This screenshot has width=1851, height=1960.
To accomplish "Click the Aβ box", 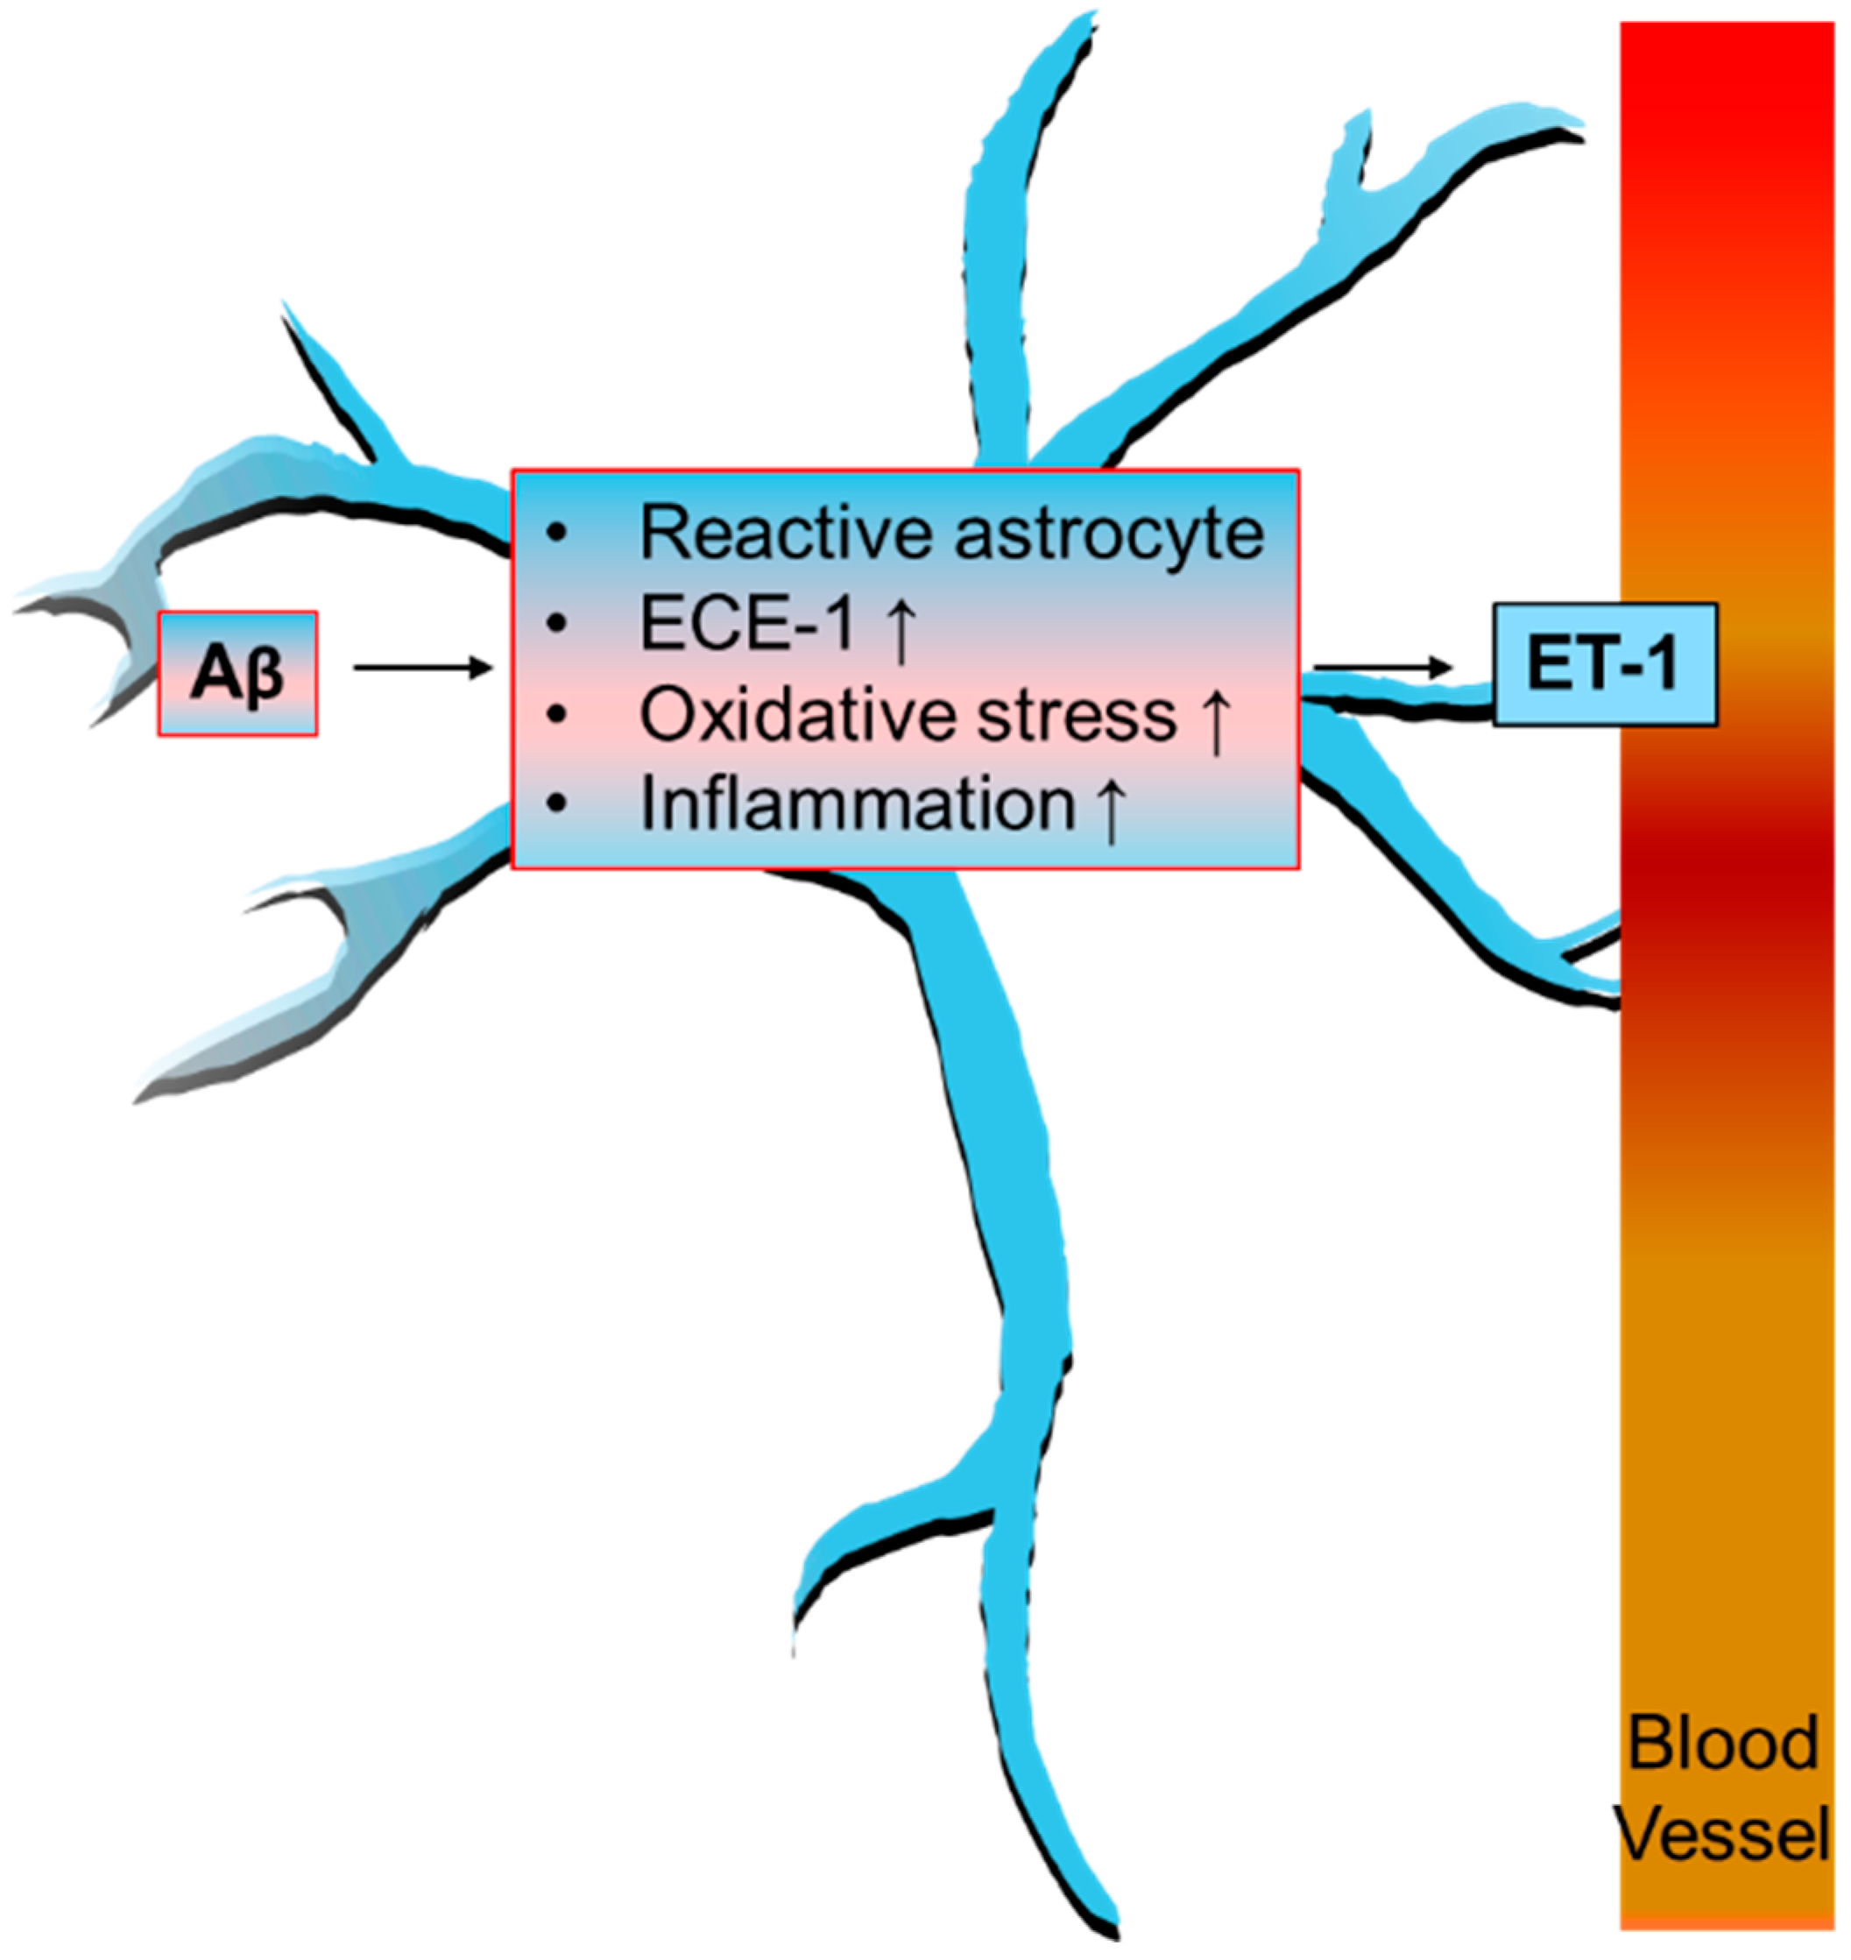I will click(x=237, y=674).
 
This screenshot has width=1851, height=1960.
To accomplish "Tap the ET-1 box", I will click(x=1603, y=665).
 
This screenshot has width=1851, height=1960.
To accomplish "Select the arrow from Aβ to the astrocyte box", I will click(x=422, y=669).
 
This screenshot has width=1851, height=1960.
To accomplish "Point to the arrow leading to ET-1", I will click(x=1383, y=669).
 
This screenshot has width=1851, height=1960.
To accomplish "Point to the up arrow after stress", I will click(x=1218, y=719).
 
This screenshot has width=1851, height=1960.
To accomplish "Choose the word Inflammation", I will click(x=858, y=804).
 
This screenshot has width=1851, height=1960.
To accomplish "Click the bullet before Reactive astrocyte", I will click(x=557, y=534).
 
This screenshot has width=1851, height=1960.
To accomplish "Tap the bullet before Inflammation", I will click(x=557, y=805).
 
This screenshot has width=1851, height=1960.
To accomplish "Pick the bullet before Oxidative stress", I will click(x=557, y=716).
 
